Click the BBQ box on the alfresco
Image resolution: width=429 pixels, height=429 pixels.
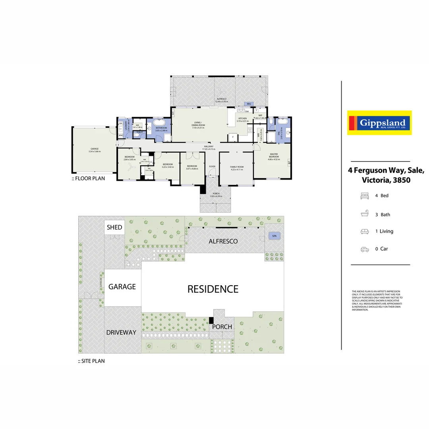tap(249, 104)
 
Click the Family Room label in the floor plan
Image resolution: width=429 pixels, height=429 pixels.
tap(236, 168)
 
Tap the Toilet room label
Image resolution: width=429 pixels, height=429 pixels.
tap(139, 132)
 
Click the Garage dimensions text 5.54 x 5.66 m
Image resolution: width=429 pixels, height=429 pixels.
tap(94, 151)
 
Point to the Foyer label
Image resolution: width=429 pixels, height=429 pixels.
tap(212, 166)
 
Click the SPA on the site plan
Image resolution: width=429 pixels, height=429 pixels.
tap(274, 236)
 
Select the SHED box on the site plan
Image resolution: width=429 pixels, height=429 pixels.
tap(114, 228)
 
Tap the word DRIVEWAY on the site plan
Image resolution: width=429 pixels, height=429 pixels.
tap(121, 332)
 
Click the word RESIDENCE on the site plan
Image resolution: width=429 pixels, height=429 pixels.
tap(213, 289)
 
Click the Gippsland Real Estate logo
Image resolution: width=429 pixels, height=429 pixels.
tap(379, 123)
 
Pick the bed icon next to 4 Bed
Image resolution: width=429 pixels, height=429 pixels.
tap(364, 196)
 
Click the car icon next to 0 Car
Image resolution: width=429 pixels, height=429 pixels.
tap(364, 249)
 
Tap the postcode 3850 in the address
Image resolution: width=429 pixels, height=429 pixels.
tap(402, 180)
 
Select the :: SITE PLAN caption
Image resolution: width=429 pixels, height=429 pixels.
tap(91, 361)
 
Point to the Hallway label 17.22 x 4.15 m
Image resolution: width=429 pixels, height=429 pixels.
tap(209, 148)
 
